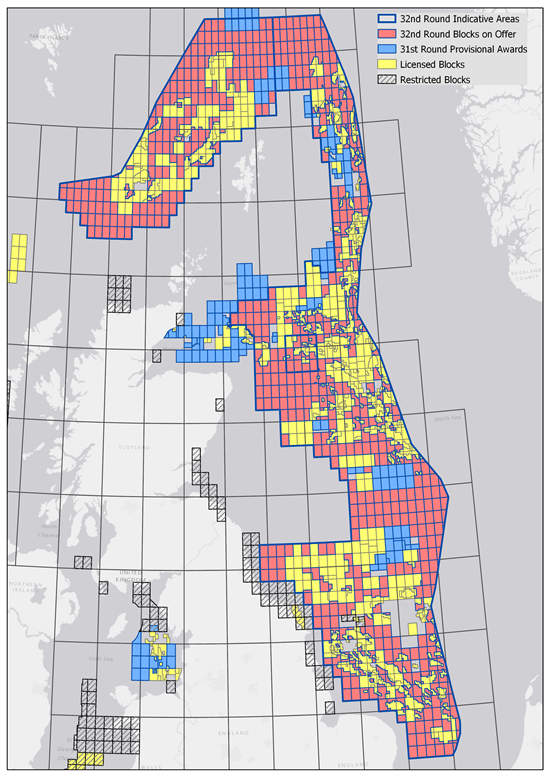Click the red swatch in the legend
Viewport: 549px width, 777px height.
[387, 34]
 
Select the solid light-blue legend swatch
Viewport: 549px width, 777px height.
[387, 49]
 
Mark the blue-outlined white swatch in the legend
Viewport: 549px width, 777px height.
[387, 18]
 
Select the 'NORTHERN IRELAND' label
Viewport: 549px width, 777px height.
[24, 586]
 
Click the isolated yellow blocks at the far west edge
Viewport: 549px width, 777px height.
[17, 258]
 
